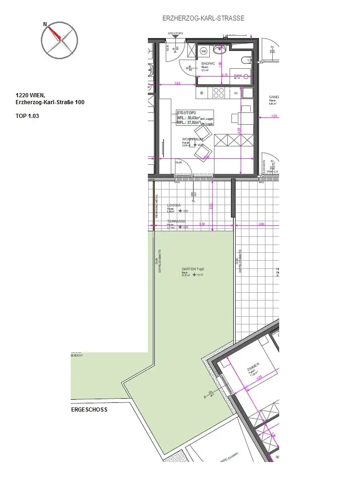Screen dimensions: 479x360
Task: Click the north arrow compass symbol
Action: pos(59,40)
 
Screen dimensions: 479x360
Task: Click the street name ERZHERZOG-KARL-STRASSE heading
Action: pos(203,18)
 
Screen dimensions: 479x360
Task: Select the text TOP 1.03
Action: pos(28,116)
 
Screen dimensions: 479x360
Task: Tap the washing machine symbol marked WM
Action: pos(204,52)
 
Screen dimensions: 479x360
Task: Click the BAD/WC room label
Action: pos(208,63)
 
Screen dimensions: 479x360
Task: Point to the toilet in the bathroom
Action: pos(246,60)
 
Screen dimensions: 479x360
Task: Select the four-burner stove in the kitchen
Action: pos(218,93)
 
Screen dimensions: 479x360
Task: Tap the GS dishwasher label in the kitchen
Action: pos(236,93)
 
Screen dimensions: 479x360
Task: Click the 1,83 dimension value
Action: pos(177,83)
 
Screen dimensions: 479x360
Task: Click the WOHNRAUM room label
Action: pos(192,139)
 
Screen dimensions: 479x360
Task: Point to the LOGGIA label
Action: pos(174,206)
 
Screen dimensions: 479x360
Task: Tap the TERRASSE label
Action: pos(176,221)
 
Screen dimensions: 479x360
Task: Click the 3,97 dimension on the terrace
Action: pos(202,224)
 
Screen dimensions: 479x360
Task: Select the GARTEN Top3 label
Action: pos(192,269)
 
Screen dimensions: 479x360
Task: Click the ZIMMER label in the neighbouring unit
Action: pos(253,366)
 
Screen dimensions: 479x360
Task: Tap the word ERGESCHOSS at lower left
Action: pos(89,409)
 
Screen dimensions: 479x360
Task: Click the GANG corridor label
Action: pos(275,97)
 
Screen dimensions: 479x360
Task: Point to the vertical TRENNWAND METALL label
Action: pos(156,205)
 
